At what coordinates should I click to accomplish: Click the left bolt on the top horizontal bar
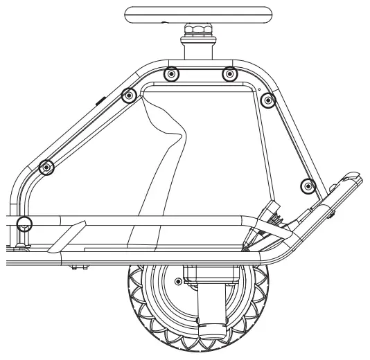173,74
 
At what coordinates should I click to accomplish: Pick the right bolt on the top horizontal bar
229,74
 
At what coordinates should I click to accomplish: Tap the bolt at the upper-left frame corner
128,95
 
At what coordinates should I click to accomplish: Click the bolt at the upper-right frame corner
268,101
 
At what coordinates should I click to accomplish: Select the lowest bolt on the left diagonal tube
46,167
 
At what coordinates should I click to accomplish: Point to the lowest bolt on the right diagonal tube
308,186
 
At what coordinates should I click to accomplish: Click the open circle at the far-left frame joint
24,222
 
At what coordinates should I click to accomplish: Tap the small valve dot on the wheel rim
179,281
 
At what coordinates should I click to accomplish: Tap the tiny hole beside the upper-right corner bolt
259,89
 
